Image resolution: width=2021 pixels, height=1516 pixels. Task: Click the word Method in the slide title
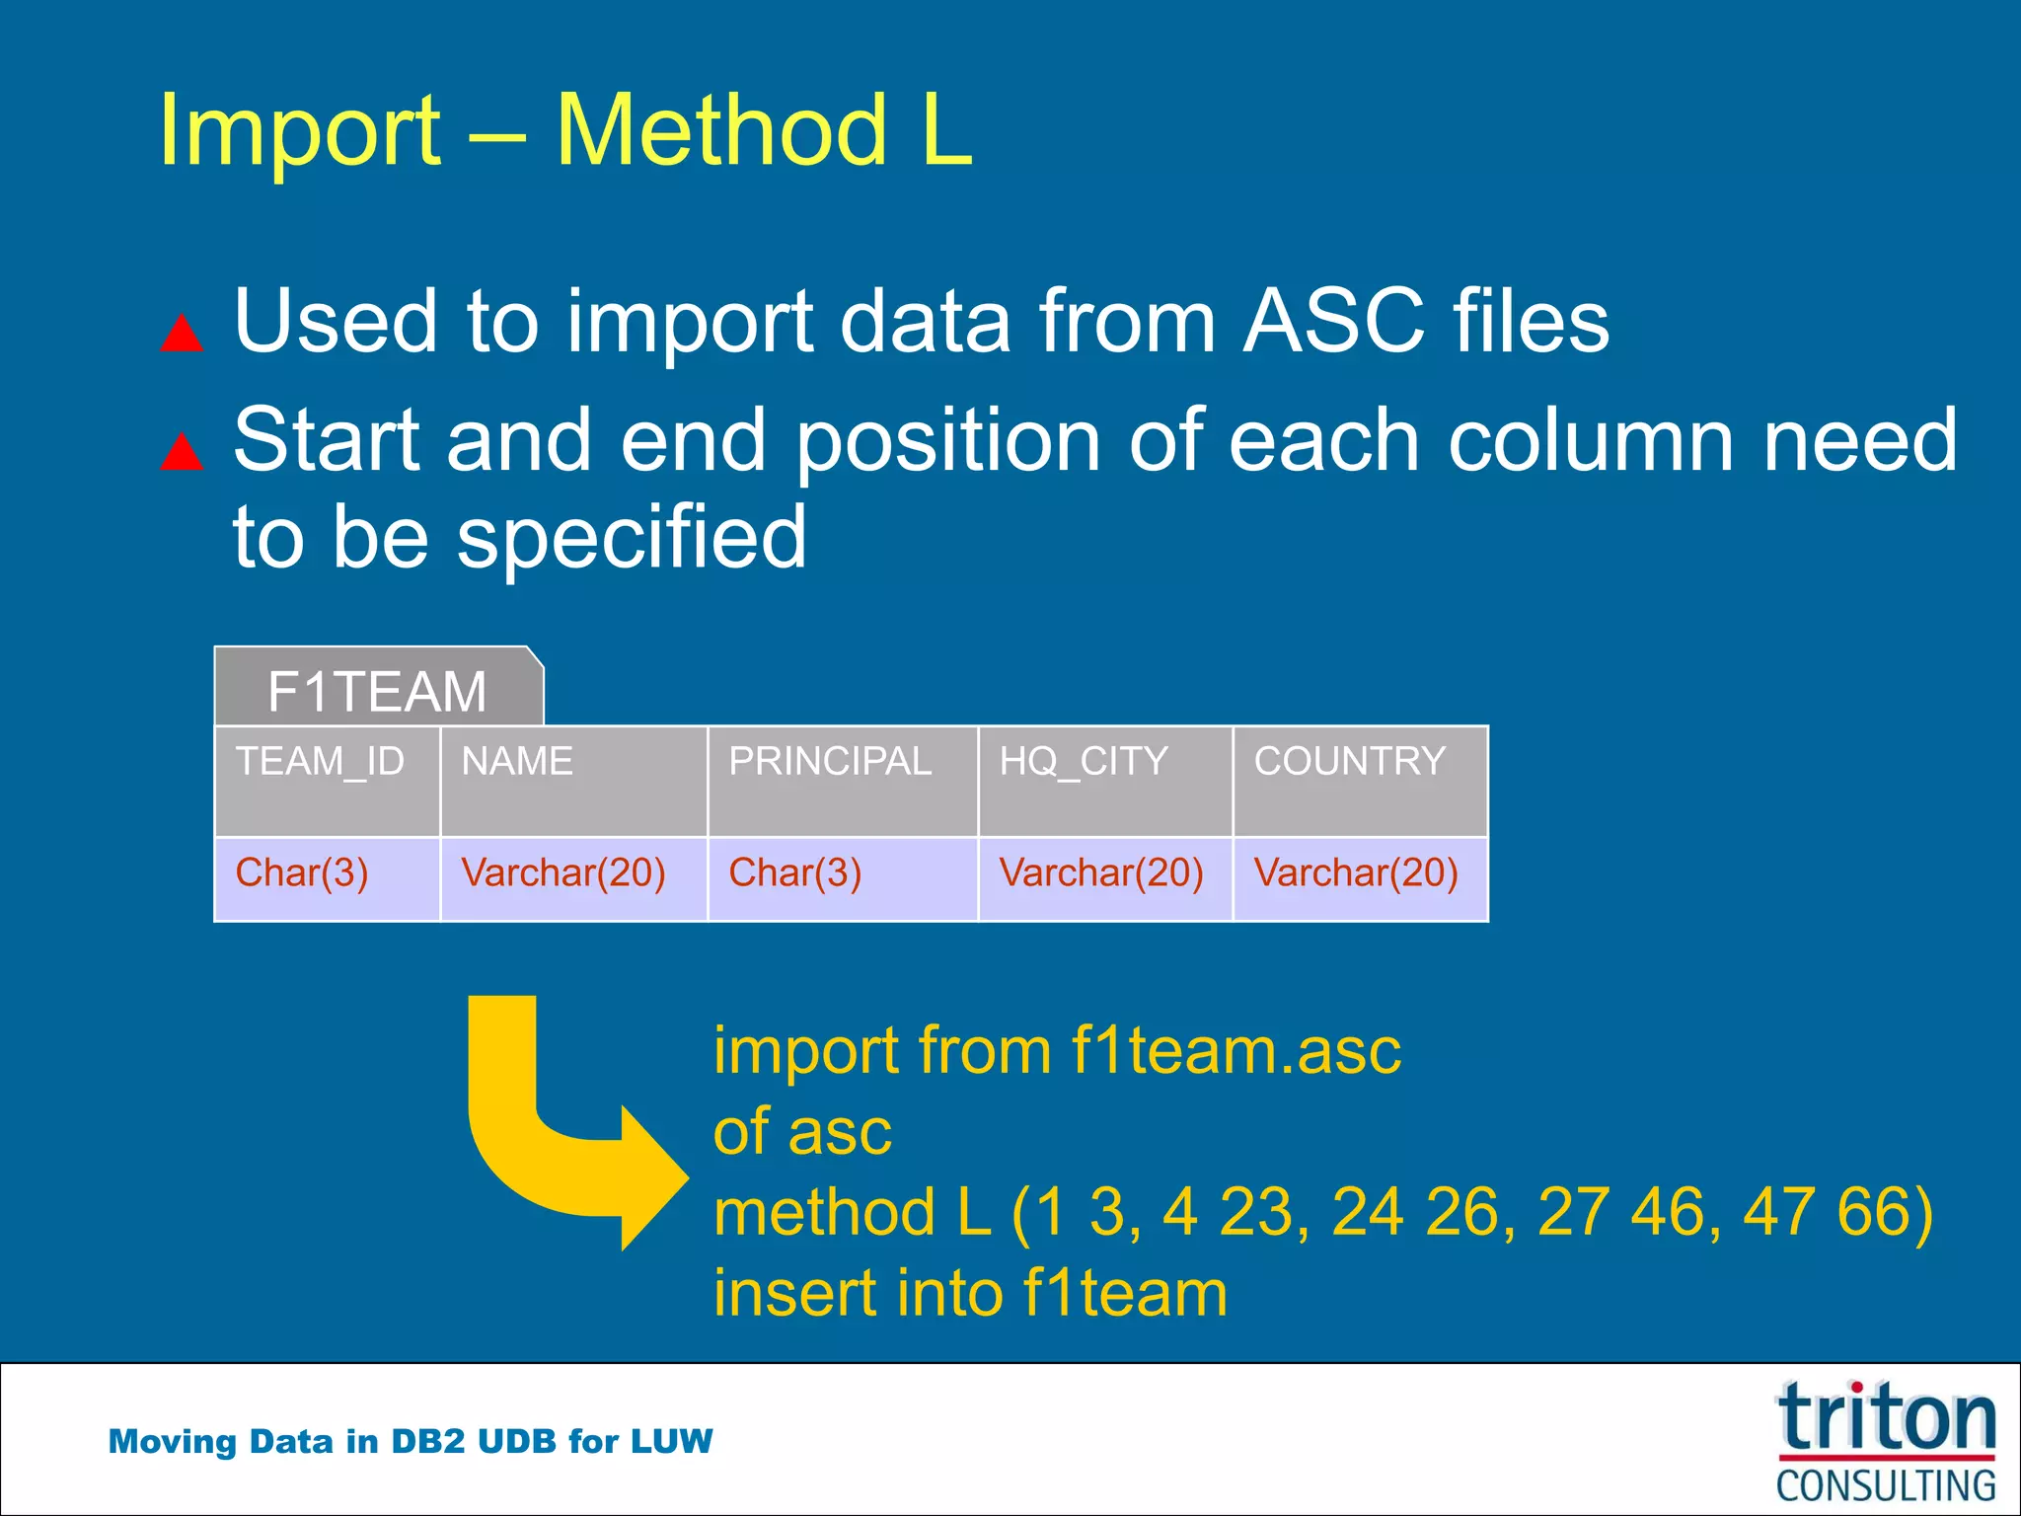point(721,131)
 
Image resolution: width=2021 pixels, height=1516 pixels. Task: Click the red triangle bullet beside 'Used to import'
point(182,334)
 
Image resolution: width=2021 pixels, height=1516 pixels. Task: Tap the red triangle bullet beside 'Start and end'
point(182,452)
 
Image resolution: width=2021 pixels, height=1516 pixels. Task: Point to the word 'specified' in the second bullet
point(632,538)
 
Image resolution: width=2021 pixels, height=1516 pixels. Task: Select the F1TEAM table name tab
point(378,690)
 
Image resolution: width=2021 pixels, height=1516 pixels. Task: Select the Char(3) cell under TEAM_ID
point(302,874)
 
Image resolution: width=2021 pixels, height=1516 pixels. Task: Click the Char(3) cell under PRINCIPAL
point(795,874)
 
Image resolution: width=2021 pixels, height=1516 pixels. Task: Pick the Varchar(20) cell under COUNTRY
point(1356,874)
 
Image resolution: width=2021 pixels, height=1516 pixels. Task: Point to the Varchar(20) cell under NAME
point(563,874)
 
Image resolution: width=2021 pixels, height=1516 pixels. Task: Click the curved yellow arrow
point(553,1145)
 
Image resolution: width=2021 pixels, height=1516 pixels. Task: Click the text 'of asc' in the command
point(802,1132)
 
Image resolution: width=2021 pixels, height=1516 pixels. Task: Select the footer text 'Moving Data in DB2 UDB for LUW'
point(411,1442)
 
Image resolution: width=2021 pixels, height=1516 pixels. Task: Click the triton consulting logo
point(1886,1442)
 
